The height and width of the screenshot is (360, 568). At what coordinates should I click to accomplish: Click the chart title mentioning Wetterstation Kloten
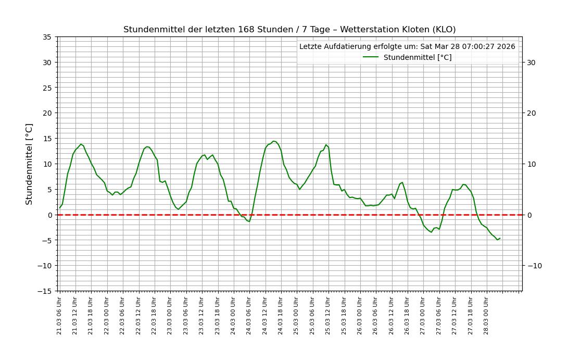tap(289, 30)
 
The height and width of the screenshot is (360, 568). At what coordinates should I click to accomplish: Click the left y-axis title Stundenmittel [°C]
tap(29, 164)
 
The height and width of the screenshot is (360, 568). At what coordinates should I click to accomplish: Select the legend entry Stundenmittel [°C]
tap(417, 57)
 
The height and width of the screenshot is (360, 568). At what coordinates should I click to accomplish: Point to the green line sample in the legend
tap(371, 57)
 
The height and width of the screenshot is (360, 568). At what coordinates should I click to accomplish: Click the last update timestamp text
tap(407, 46)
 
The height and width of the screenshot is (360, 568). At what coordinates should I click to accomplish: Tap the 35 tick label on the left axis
tap(47, 37)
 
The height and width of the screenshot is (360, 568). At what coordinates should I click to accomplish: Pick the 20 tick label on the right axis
tap(531, 113)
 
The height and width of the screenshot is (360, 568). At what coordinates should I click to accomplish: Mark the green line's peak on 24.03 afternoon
tap(273, 141)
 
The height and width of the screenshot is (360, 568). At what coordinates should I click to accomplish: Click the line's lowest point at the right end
tap(497, 240)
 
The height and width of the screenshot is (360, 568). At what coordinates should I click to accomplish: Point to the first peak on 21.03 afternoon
tap(81, 144)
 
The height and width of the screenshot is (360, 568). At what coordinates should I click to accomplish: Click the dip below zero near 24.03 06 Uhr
tap(249, 221)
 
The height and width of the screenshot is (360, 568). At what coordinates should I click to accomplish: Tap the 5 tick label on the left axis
tap(49, 189)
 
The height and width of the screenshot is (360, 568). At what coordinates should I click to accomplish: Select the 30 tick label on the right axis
tap(531, 63)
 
